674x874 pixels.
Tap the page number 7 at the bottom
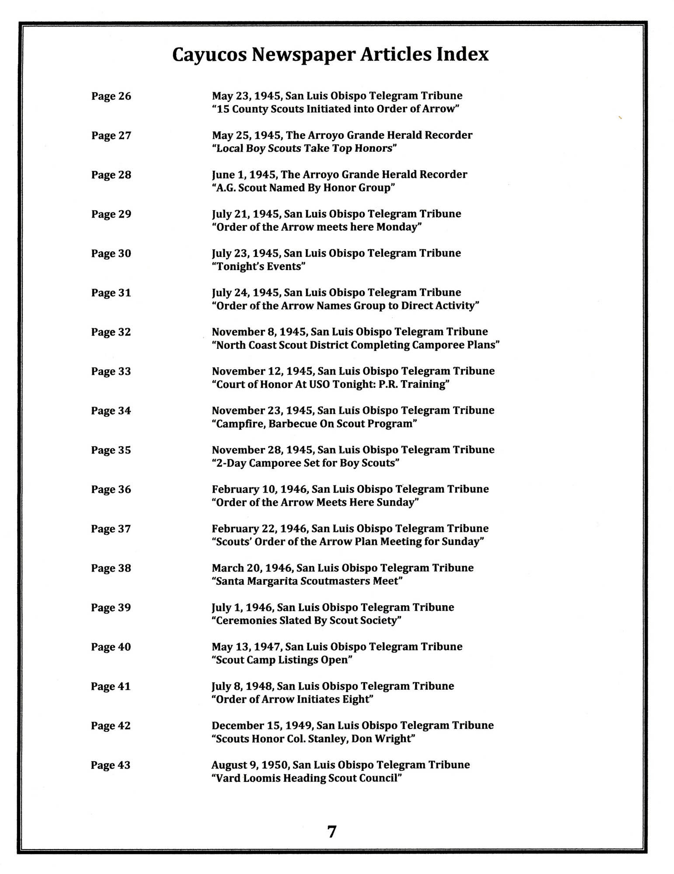tap(332, 831)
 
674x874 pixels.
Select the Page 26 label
tap(111, 96)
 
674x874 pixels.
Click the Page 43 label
tap(111, 765)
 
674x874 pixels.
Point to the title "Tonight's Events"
tap(258, 267)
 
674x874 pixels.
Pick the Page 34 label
tap(111, 411)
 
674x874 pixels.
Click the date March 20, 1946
tap(252, 568)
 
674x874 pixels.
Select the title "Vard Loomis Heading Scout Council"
tap(306, 778)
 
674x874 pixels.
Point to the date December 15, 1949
tap(262, 726)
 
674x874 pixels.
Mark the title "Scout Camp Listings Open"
tap(282, 660)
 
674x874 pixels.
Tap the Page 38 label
tap(111, 568)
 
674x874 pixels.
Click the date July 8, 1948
tap(243, 687)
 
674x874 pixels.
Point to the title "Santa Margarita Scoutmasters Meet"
tap(307, 581)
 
